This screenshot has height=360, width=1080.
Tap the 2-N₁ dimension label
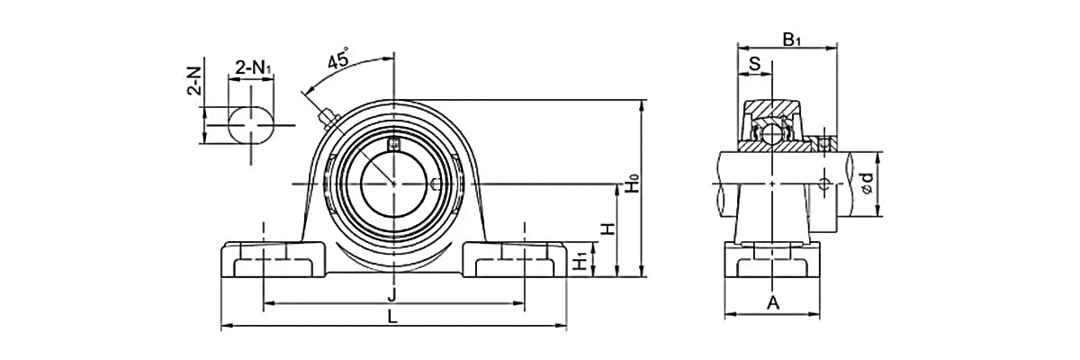(x=254, y=68)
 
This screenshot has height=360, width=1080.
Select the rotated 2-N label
(x=194, y=82)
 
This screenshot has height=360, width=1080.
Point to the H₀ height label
(x=633, y=184)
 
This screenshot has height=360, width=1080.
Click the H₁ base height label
(x=582, y=261)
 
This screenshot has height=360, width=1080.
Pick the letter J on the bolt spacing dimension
(x=392, y=294)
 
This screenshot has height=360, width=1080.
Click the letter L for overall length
(x=393, y=317)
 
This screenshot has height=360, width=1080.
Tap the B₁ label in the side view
(x=791, y=40)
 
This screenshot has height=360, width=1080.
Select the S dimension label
(x=754, y=64)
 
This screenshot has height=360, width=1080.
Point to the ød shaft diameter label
(x=868, y=184)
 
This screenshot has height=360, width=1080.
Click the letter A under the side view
(x=773, y=303)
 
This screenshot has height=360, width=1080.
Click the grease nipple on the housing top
(x=328, y=117)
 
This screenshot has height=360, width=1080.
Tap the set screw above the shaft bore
(x=394, y=144)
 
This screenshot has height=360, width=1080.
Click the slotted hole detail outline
(x=251, y=125)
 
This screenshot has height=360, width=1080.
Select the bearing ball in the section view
(x=772, y=132)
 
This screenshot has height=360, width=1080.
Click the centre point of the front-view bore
(x=394, y=184)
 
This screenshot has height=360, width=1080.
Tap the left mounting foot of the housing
(x=273, y=260)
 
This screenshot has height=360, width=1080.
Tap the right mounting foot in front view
(x=515, y=260)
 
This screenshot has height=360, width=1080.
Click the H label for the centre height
(x=609, y=229)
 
